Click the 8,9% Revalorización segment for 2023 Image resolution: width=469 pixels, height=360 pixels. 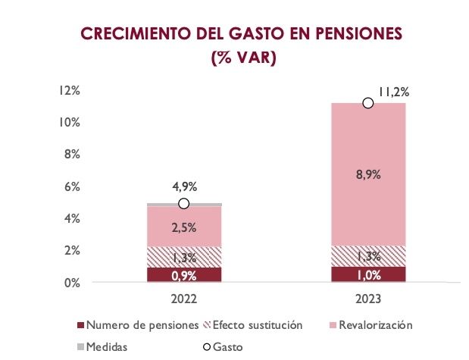click(x=368, y=174)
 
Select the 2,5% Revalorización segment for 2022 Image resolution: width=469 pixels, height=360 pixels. click(x=184, y=227)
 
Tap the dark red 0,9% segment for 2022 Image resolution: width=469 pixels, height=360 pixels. click(x=184, y=274)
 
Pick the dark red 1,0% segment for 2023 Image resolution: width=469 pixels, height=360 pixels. click(x=368, y=274)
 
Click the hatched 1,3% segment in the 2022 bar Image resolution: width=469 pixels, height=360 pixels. click(x=184, y=257)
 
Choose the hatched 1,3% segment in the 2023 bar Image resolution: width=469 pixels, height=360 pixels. click(x=368, y=256)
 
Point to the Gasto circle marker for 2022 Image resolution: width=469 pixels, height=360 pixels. click(x=184, y=203)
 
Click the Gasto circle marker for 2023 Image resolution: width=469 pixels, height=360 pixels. click(x=368, y=103)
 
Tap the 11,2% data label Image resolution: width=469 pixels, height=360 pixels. click(x=393, y=92)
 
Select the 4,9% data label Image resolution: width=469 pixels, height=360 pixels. click(x=184, y=187)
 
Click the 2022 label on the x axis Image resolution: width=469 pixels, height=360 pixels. click(x=184, y=298)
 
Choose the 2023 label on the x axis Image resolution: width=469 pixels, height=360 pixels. click(x=368, y=298)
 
